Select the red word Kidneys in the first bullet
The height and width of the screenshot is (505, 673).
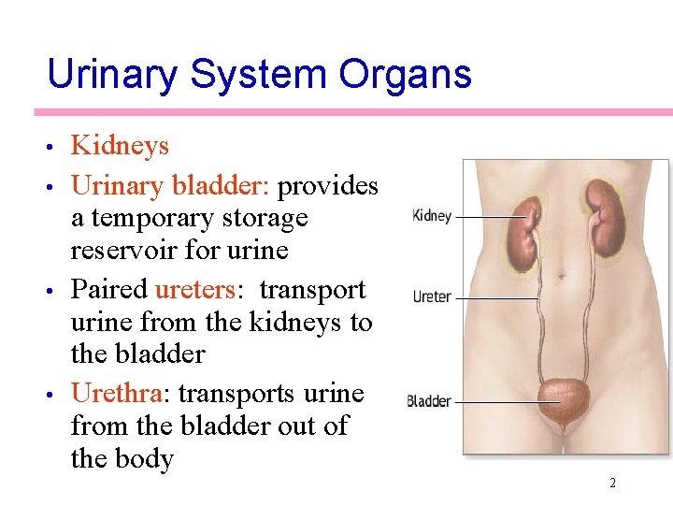120,146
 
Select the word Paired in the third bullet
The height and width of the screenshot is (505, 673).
109,289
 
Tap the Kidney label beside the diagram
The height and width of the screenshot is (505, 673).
432,216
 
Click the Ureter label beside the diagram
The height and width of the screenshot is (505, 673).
432,297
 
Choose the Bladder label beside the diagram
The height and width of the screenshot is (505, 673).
429,402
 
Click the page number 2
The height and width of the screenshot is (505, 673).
612,483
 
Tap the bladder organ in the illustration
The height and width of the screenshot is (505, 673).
564,400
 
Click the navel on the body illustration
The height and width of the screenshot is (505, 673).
560,276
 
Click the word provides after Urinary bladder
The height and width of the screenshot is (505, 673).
328,185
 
